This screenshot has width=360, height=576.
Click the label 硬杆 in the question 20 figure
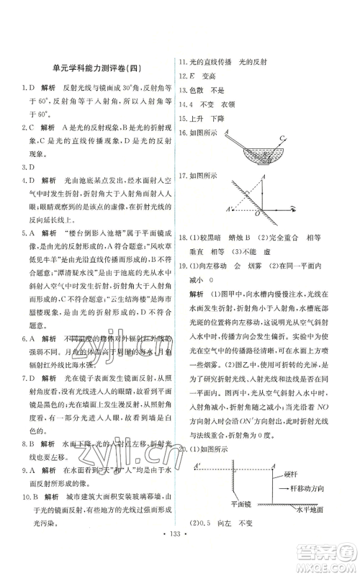(293, 474)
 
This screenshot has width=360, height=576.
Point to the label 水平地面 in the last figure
(300, 512)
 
